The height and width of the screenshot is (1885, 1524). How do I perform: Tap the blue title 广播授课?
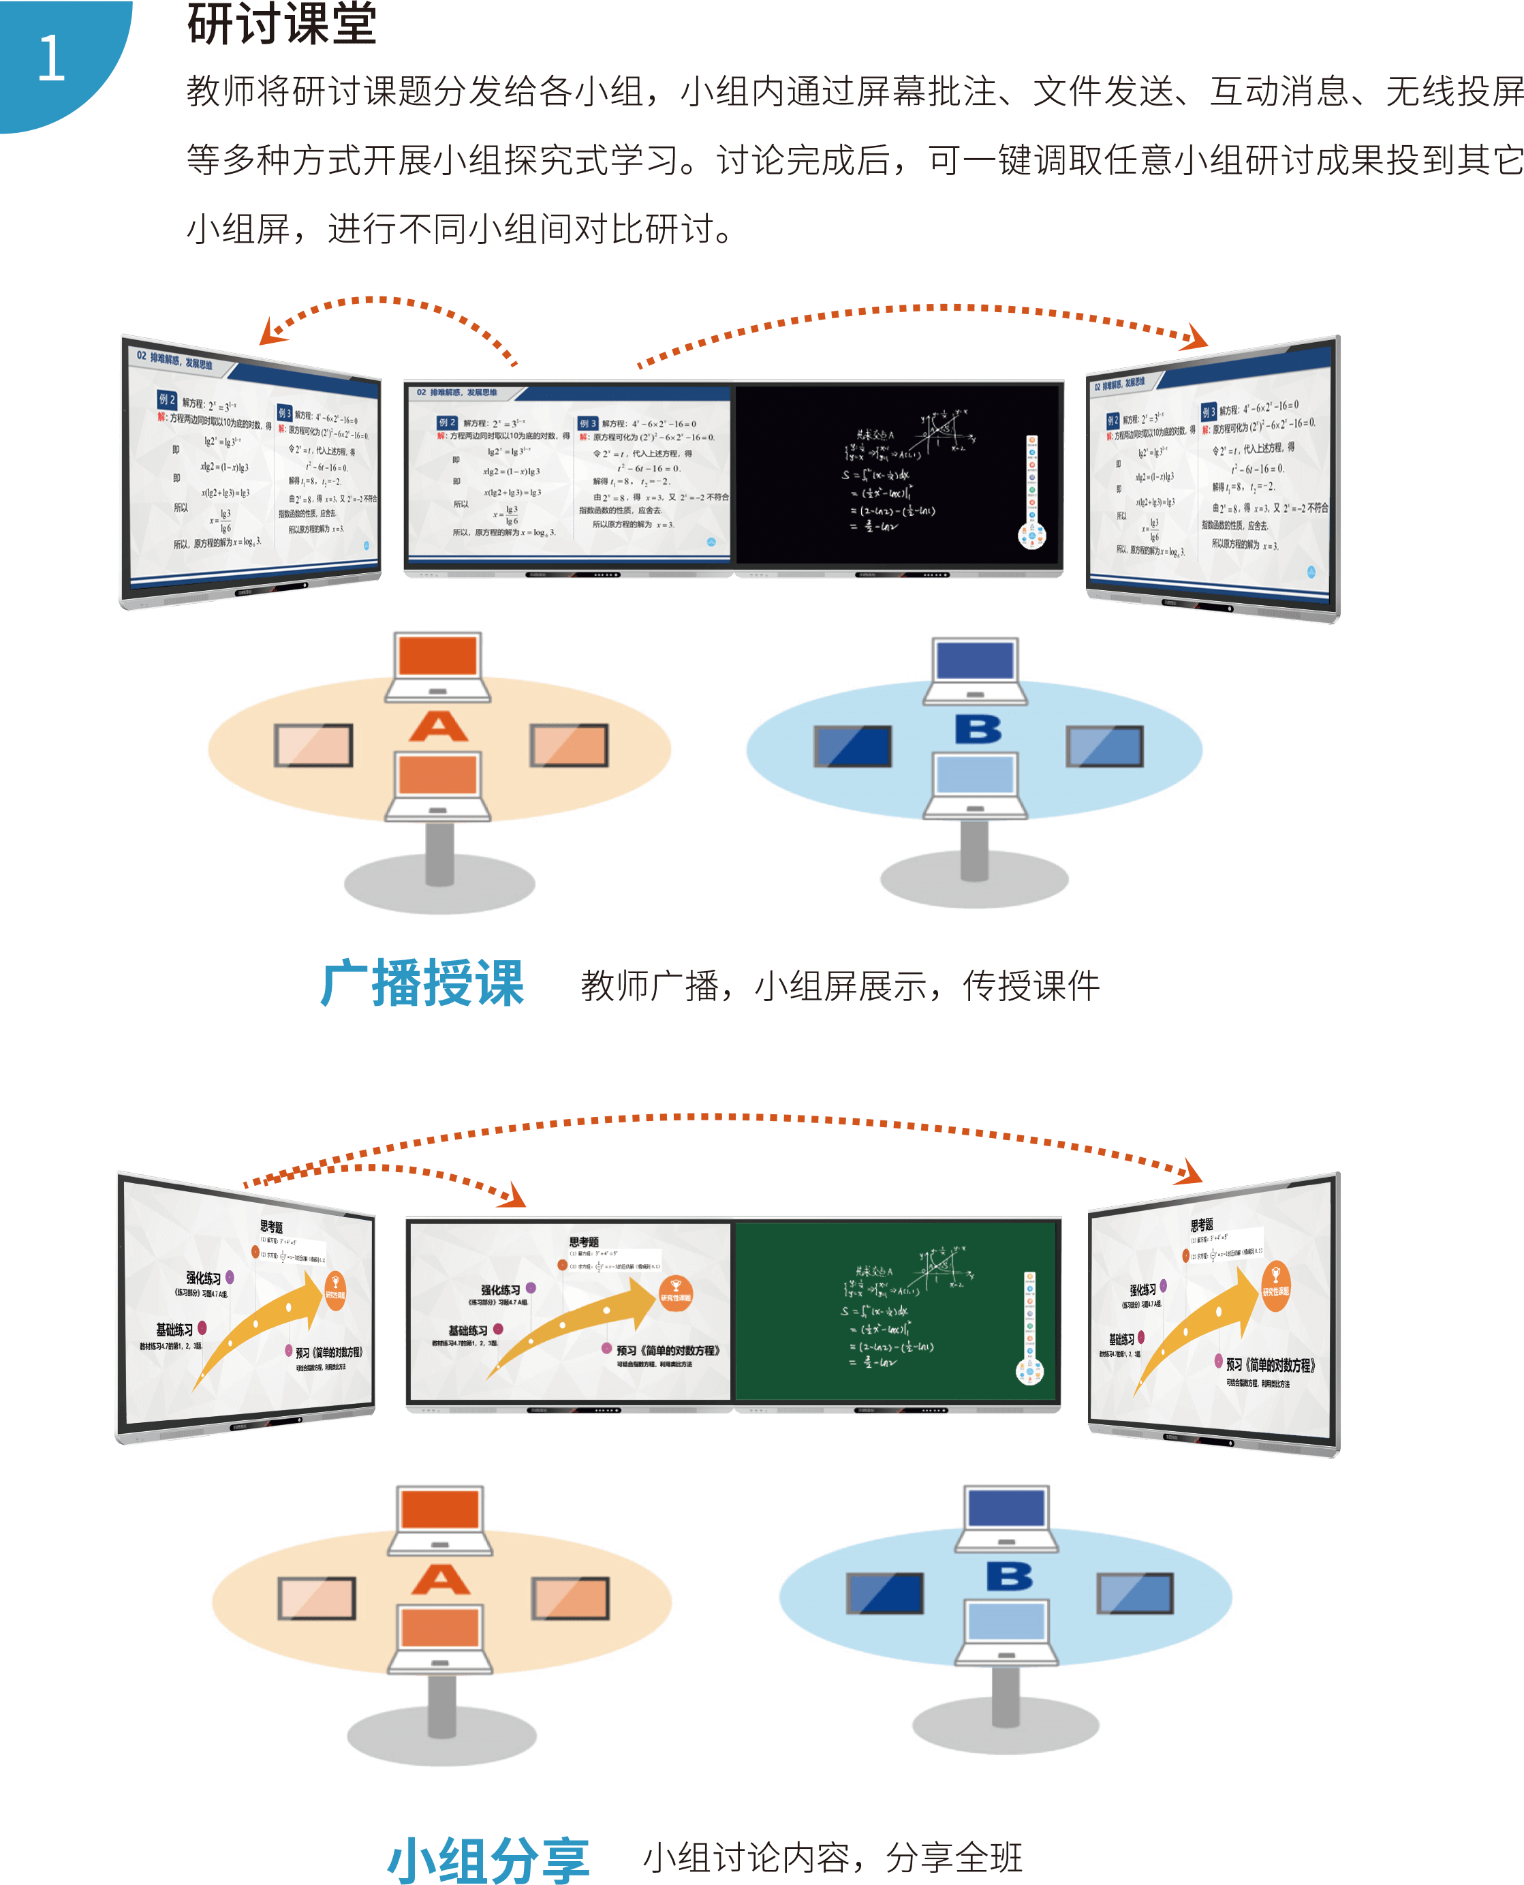pos(422,983)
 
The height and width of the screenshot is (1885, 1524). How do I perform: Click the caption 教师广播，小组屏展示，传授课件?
pos(839,986)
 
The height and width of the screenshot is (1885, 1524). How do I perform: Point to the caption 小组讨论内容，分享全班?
pos(833,1858)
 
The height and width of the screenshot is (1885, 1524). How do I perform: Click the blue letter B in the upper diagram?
pos(978,729)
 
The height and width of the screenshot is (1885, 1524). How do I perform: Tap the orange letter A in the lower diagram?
pos(440,1580)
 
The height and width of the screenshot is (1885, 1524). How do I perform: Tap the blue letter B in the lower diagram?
pos(1010,1576)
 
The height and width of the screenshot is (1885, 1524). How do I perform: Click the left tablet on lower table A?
pos(317,1598)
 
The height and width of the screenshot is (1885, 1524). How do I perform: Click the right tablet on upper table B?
pos(1104,746)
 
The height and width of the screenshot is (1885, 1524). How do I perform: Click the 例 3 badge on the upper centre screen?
pos(587,423)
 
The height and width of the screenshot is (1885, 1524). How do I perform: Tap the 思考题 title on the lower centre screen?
pos(584,1242)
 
